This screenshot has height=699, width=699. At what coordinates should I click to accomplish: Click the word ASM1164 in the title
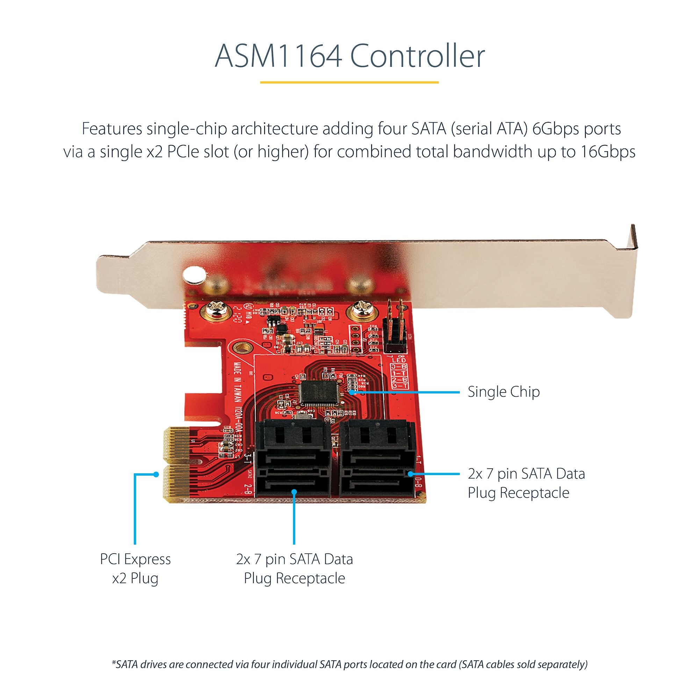pos(278,56)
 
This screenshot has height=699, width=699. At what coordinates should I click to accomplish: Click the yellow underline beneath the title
pos(349,82)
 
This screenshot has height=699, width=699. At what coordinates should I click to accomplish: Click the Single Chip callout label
pos(503,392)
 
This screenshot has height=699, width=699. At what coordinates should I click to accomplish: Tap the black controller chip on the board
pos(318,392)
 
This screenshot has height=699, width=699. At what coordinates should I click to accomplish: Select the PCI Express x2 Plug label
pos(135,568)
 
